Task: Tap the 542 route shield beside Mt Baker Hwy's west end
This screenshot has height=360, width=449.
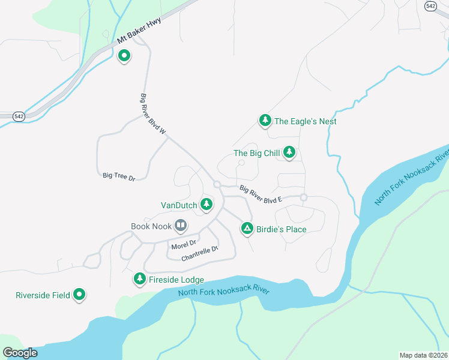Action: tap(19, 116)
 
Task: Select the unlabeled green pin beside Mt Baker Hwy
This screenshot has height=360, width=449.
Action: tap(124, 56)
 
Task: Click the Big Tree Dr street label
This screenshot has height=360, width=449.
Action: tap(119, 176)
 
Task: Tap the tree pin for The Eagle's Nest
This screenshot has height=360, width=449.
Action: tap(265, 121)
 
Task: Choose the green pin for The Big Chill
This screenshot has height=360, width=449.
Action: tap(289, 152)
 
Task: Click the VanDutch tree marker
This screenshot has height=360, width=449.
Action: tap(206, 205)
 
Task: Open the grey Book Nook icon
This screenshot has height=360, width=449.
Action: tap(181, 226)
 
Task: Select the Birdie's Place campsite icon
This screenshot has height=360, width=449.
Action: tap(247, 229)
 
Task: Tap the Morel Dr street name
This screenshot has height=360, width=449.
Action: tap(184, 245)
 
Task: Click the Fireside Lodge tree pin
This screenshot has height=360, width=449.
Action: tap(140, 279)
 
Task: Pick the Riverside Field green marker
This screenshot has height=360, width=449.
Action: tap(79, 295)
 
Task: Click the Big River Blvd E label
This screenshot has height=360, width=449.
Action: tap(261, 194)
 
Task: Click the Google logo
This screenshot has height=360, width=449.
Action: tap(20, 353)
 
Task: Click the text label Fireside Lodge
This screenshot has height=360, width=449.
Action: tap(176, 280)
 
